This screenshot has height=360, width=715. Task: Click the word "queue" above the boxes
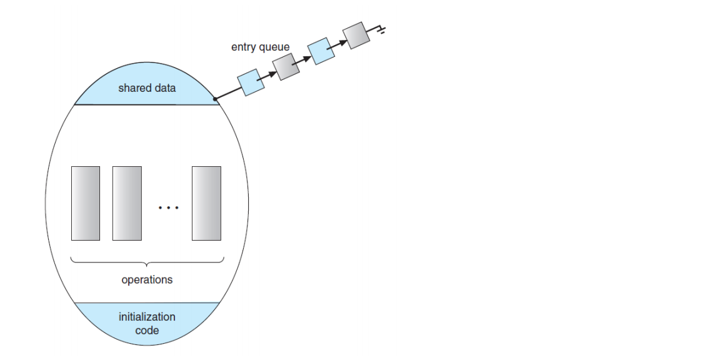[275, 47]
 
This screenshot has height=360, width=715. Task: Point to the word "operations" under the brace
[147, 280]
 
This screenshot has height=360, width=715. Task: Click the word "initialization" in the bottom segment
[147, 317]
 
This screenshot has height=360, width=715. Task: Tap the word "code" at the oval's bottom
[147, 330]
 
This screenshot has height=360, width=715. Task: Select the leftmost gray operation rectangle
[86, 203]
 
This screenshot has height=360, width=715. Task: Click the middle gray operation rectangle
[127, 203]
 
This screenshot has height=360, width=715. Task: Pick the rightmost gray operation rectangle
[206, 203]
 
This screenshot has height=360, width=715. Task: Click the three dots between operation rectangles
[168, 207]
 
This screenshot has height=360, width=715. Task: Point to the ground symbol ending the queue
[379, 29]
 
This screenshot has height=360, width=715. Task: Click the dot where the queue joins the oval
[215, 99]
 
